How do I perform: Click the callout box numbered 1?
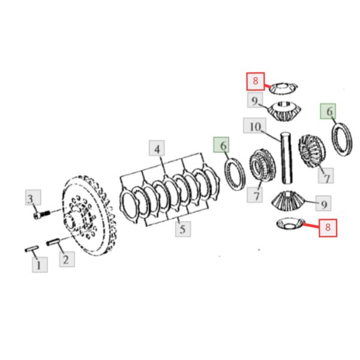click(x=40, y=265)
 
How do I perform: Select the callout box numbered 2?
click(x=67, y=259)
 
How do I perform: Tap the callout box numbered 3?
click(x=33, y=197)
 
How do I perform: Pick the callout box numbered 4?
click(x=157, y=148)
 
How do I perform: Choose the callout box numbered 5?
click(x=183, y=229)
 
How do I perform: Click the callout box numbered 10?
click(x=255, y=125)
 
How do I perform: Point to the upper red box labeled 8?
click(x=256, y=81)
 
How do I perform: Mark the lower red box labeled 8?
click(x=328, y=228)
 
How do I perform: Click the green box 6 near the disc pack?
click(x=221, y=145)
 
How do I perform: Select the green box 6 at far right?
click(x=328, y=111)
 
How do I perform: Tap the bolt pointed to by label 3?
click(x=41, y=215)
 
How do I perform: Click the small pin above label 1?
click(x=32, y=248)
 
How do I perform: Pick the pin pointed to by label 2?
click(x=53, y=242)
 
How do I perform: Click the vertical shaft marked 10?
click(x=287, y=158)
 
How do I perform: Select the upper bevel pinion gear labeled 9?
click(x=284, y=112)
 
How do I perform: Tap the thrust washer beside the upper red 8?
click(x=283, y=88)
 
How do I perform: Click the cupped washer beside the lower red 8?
click(x=290, y=223)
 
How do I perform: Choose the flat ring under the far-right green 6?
click(x=342, y=139)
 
